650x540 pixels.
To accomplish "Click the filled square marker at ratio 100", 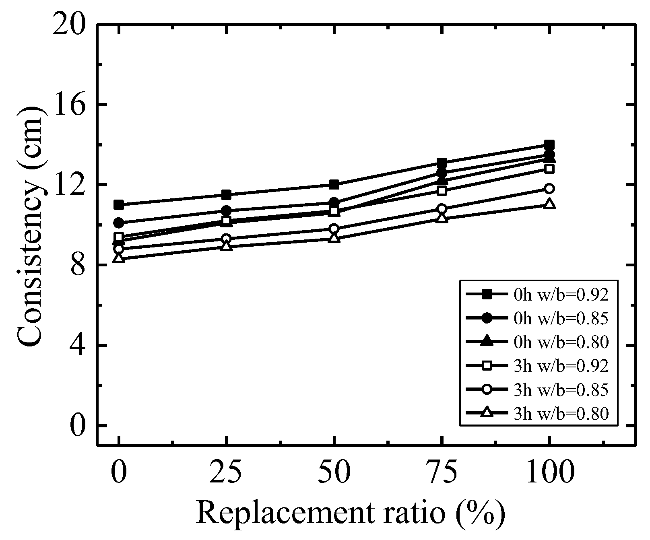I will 549,145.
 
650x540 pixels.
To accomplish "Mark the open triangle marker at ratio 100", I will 549,204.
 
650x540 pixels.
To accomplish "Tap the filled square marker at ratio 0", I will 119,205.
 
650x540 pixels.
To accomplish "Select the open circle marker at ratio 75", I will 442,208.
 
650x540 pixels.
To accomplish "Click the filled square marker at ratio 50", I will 334,185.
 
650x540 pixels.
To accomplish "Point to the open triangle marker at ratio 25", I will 227,245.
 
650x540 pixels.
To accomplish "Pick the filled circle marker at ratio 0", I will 119,223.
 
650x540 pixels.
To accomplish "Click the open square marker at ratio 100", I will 549,169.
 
